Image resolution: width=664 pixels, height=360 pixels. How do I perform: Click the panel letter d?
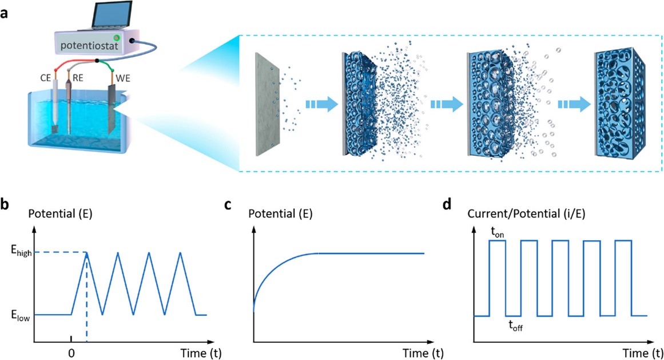point(450,206)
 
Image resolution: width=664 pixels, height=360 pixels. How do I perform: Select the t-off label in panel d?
point(515,326)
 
